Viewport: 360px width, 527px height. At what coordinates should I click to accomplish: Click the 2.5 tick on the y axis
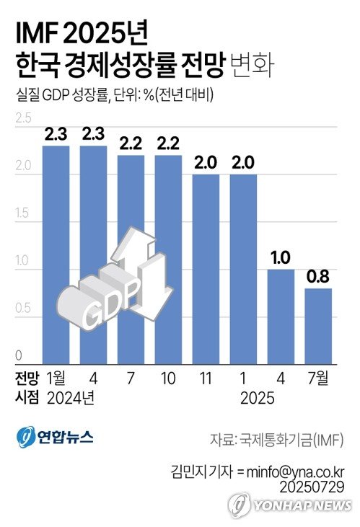pos(23,118)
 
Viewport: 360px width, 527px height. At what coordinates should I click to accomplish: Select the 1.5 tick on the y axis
pos(23,214)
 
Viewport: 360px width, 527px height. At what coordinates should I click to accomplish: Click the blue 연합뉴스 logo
pos(54,437)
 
